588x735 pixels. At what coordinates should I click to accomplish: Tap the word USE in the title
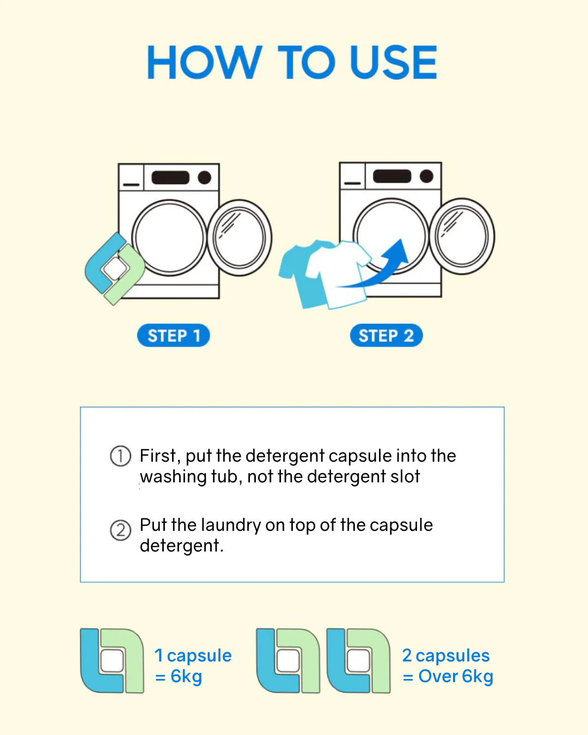click(393, 62)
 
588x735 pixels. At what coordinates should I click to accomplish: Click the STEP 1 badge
click(174, 335)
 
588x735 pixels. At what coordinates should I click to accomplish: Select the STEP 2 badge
click(387, 335)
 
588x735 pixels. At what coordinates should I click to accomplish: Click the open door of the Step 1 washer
click(240, 238)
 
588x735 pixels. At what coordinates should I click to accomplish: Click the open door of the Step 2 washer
click(462, 236)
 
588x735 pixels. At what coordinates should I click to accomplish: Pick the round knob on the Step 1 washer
click(204, 177)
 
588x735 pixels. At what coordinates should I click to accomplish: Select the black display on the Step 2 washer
click(392, 176)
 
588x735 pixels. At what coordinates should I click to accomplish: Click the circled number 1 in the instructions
click(120, 456)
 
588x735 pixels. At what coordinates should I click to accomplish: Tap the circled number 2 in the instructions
click(120, 530)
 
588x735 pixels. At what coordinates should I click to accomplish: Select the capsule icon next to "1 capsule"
click(112, 660)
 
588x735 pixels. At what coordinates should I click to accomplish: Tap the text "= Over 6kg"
click(448, 676)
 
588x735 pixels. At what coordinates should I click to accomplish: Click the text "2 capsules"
click(446, 656)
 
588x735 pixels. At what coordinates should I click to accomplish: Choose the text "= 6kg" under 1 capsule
click(179, 676)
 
